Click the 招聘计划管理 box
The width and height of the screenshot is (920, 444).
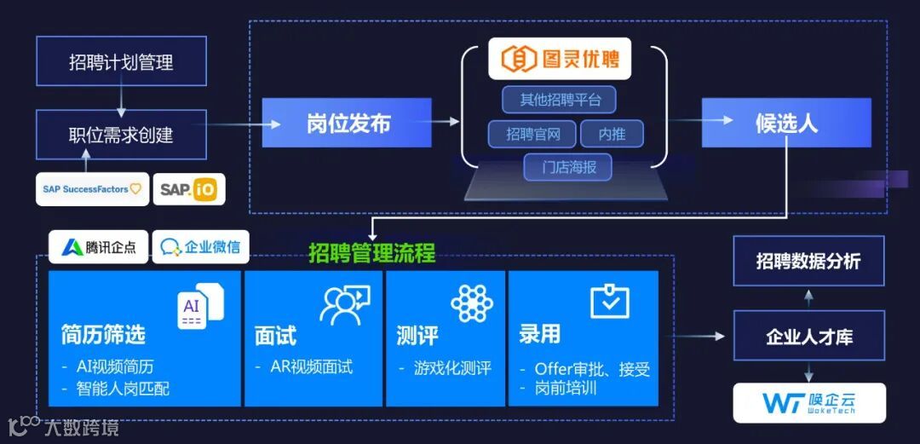[121, 62]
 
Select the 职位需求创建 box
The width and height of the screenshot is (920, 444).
[121, 134]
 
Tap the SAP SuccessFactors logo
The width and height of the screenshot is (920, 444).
[92, 189]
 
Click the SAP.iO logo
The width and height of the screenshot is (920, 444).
[189, 189]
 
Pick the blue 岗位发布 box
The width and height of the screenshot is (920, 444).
[347, 124]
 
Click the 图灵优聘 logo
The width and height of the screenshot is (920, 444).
[559, 59]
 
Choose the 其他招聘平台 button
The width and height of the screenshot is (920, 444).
[559, 100]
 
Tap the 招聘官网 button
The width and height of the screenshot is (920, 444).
[532, 134]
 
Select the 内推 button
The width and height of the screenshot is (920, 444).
[612, 134]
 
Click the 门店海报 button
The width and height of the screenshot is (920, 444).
[568, 167]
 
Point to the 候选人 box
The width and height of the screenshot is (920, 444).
[785, 124]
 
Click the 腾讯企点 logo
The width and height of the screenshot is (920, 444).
[98, 247]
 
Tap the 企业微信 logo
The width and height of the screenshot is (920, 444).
[200, 247]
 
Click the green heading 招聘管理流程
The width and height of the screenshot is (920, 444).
[371, 253]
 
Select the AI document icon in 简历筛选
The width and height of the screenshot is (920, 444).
[200, 304]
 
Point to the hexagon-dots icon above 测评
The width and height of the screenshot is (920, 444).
[471, 303]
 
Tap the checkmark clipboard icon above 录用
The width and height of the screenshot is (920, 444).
[609, 301]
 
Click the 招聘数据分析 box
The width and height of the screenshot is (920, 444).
[808, 262]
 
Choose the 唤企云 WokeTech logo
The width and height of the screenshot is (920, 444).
[808, 403]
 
